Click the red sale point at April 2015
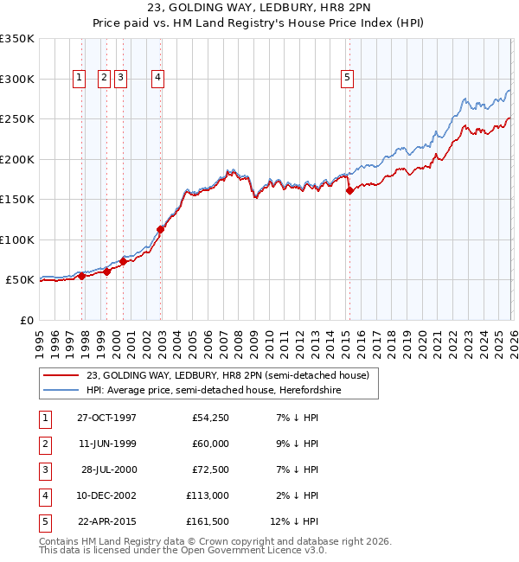tap(349, 191)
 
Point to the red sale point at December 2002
tap(161, 230)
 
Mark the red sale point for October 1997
tap(82, 277)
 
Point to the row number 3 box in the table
tap(43, 469)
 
